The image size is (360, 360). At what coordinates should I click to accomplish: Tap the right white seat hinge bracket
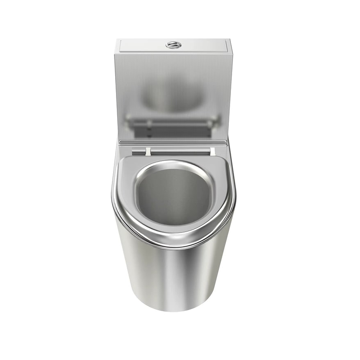coord(212,151)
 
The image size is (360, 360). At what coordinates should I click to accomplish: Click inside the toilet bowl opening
coord(174,197)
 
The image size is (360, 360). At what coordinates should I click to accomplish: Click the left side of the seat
coord(123,193)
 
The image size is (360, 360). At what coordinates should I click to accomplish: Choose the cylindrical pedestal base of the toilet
coord(174,275)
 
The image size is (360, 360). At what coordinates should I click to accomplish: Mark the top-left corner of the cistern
coord(116,40)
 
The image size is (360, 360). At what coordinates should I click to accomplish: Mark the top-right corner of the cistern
coord(231,40)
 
